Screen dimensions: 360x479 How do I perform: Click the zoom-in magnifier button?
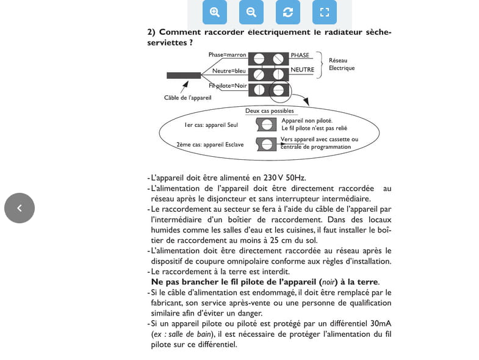(x=214, y=12)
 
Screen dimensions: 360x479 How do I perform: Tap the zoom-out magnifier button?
(x=251, y=12)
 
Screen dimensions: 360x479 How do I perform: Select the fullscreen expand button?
(x=324, y=12)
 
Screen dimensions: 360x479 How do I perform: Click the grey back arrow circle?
(x=20, y=208)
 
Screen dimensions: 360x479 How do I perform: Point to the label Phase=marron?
(x=227, y=55)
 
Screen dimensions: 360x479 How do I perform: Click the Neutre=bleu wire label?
(x=229, y=71)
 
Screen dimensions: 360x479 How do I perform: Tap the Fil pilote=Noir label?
(x=228, y=86)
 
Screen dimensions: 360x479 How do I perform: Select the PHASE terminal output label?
(x=300, y=56)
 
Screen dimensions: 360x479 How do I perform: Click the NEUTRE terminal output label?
(x=302, y=70)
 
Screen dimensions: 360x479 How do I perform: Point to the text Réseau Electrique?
(x=341, y=64)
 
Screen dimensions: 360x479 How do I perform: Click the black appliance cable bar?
(x=184, y=76)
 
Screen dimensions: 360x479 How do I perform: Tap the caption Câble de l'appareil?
(x=187, y=98)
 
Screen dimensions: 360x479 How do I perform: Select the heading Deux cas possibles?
(x=269, y=111)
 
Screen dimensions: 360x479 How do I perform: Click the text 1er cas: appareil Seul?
(x=211, y=125)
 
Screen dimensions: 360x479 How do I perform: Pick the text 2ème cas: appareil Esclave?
(x=210, y=145)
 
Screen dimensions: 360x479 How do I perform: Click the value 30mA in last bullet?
(x=381, y=324)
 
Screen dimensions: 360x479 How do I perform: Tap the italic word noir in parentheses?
(x=328, y=282)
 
